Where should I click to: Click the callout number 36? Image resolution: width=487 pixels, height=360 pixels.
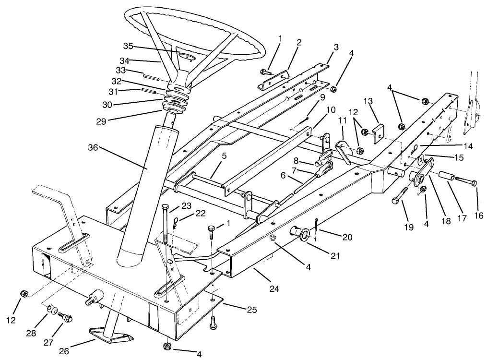(x=93, y=148)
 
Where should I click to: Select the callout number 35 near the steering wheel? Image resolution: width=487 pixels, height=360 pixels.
(x=128, y=47)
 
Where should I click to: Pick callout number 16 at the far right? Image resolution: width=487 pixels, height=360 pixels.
(x=478, y=216)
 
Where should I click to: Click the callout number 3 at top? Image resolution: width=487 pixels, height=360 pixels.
(x=336, y=48)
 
